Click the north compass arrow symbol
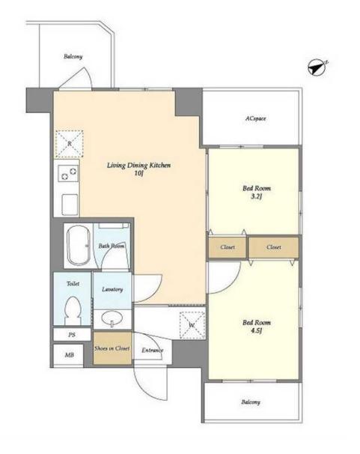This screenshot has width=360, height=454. (x=317, y=68)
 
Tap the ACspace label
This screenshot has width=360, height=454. (x=255, y=118)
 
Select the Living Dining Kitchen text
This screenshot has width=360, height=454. (x=138, y=166)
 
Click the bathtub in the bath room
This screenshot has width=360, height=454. (x=79, y=245)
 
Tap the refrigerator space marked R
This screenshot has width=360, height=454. (x=70, y=144)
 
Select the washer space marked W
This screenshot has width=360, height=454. (x=192, y=325)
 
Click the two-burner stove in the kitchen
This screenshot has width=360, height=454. (x=68, y=174)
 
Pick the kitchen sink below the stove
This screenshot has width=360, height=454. (x=70, y=205)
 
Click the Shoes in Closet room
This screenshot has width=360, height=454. (x=112, y=348)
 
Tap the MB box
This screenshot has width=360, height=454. (x=69, y=355)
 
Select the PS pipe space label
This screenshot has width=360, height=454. (x=72, y=335)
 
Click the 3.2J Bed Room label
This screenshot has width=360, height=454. (x=257, y=193)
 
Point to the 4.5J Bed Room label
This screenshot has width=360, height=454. (x=257, y=327)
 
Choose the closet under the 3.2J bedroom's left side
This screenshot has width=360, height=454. (x=228, y=247)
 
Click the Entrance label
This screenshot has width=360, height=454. (x=153, y=351)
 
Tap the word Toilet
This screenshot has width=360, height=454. (x=73, y=283)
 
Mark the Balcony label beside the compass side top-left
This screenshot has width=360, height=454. (x=73, y=56)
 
